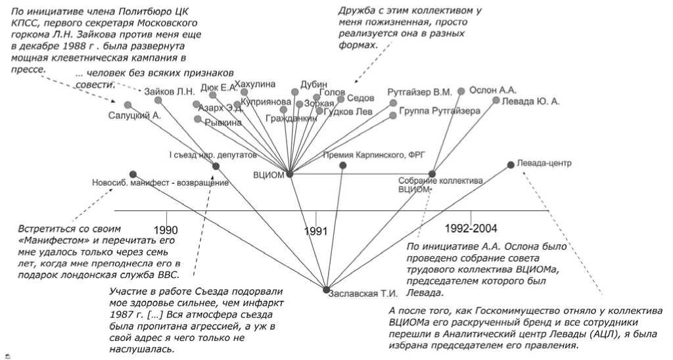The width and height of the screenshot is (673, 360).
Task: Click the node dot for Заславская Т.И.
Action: [326, 290]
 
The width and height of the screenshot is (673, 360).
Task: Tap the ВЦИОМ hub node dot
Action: [289, 173]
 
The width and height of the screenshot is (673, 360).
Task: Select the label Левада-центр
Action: [544, 163]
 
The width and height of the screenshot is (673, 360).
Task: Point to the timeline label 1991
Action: [315, 231]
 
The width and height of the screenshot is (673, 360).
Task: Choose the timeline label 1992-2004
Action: [471, 229]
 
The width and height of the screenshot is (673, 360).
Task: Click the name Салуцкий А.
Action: [135, 116]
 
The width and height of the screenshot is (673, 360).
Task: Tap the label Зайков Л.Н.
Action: [170, 91]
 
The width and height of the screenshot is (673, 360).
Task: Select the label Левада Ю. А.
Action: [530, 102]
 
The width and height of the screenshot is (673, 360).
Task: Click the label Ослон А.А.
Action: [492, 89]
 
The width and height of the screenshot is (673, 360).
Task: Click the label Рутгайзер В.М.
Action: [420, 93]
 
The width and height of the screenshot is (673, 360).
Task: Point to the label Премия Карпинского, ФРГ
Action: [375, 155]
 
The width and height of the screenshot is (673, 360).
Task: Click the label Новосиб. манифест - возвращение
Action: [161, 183]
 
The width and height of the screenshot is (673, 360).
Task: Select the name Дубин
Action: [313, 84]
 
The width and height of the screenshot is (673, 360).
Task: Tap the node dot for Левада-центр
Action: [511, 164]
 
